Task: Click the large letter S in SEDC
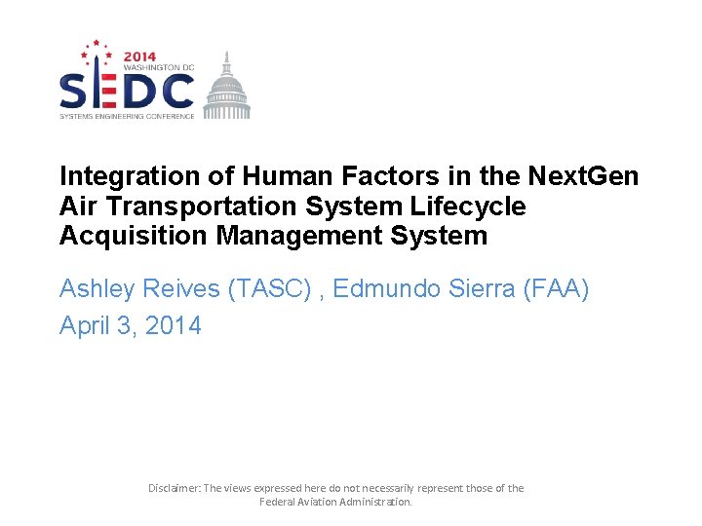coord(76,92)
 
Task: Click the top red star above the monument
coord(96,44)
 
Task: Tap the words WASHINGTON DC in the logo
coord(158,66)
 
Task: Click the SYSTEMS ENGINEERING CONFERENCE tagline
coord(127,116)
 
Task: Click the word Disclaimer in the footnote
coord(173,488)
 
